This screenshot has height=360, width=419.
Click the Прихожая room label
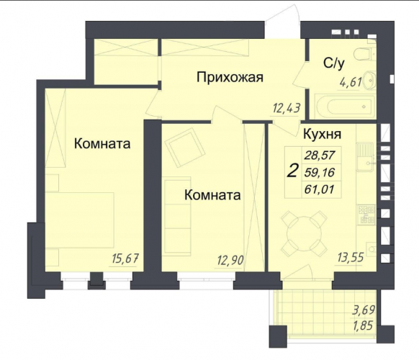(x=230, y=78)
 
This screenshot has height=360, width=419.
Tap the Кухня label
(x=322, y=134)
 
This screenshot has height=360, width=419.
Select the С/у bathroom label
(x=334, y=63)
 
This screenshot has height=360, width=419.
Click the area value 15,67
(x=125, y=258)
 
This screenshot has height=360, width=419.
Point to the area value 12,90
(x=230, y=260)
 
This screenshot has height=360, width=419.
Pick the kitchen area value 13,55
(x=351, y=258)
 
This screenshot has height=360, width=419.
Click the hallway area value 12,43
(x=287, y=109)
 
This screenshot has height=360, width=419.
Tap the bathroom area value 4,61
(x=351, y=82)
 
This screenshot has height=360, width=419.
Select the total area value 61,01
(x=320, y=190)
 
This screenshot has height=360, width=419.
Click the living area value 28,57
(x=320, y=155)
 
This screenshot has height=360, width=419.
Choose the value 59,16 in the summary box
(x=320, y=172)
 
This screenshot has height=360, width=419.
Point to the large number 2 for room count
(x=292, y=171)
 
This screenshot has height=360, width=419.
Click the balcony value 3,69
(x=364, y=311)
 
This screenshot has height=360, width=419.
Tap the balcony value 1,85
(x=363, y=325)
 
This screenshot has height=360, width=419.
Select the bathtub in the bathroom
(x=346, y=107)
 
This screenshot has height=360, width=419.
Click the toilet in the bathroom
(x=365, y=54)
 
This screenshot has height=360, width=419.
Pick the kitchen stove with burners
(x=366, y=215)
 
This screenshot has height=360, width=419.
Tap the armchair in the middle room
(x=185, y=148)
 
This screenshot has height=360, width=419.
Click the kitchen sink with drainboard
(x=366, y=157)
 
